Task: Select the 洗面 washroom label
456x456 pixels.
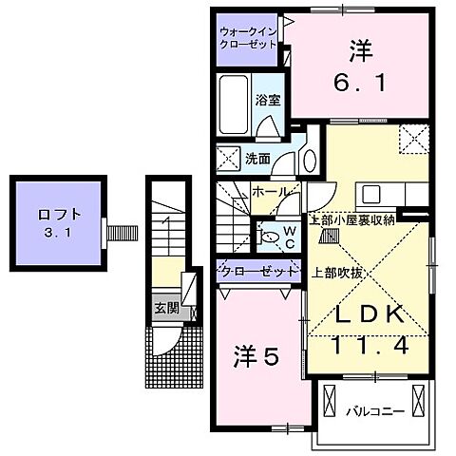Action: click(x=257, y=159)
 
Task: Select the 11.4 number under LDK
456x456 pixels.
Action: click(x=370, y=346)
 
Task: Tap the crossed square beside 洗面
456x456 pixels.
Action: click(x=228, y=159)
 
